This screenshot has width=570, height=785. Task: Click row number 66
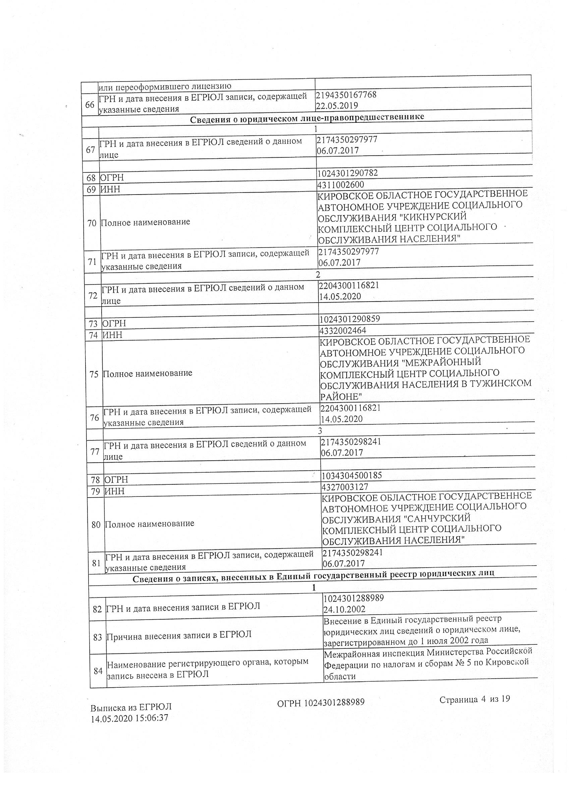pos(90,105)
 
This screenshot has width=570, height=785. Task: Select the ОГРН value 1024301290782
pos(347,173)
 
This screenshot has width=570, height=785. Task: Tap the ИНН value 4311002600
pos(340,185)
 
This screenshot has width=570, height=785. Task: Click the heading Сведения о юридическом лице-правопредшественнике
pos(307,118)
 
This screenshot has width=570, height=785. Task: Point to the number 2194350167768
pos(346,95)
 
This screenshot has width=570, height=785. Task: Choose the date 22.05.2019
pos(337,105)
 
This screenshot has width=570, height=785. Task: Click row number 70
pos(92,223)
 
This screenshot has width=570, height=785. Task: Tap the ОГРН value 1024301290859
pos(350,319)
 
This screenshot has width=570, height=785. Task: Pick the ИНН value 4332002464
pos(343,330)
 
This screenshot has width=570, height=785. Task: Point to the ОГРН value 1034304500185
pos(352,475)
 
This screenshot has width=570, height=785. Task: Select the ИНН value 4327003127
pos(345,487)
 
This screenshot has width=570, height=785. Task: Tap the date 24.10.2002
pos(344,609)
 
